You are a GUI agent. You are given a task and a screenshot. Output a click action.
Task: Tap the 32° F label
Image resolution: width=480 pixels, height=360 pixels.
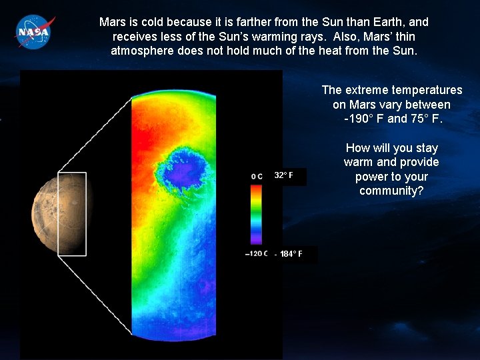coord(283,176)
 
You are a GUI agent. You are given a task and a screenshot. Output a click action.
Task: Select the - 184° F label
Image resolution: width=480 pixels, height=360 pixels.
coord(289,254)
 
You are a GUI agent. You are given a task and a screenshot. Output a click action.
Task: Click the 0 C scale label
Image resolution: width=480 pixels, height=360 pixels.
coord(257,177)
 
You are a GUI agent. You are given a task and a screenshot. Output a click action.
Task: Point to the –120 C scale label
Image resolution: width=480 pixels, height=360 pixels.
coord(257,253)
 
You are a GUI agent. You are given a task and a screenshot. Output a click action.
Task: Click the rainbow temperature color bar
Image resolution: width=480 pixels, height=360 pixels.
coord(257,215)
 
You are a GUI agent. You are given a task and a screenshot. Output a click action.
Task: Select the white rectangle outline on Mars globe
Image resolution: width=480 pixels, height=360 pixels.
coord(72,173)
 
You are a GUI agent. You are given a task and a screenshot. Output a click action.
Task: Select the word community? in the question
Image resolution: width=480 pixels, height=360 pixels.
coord(391,191)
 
